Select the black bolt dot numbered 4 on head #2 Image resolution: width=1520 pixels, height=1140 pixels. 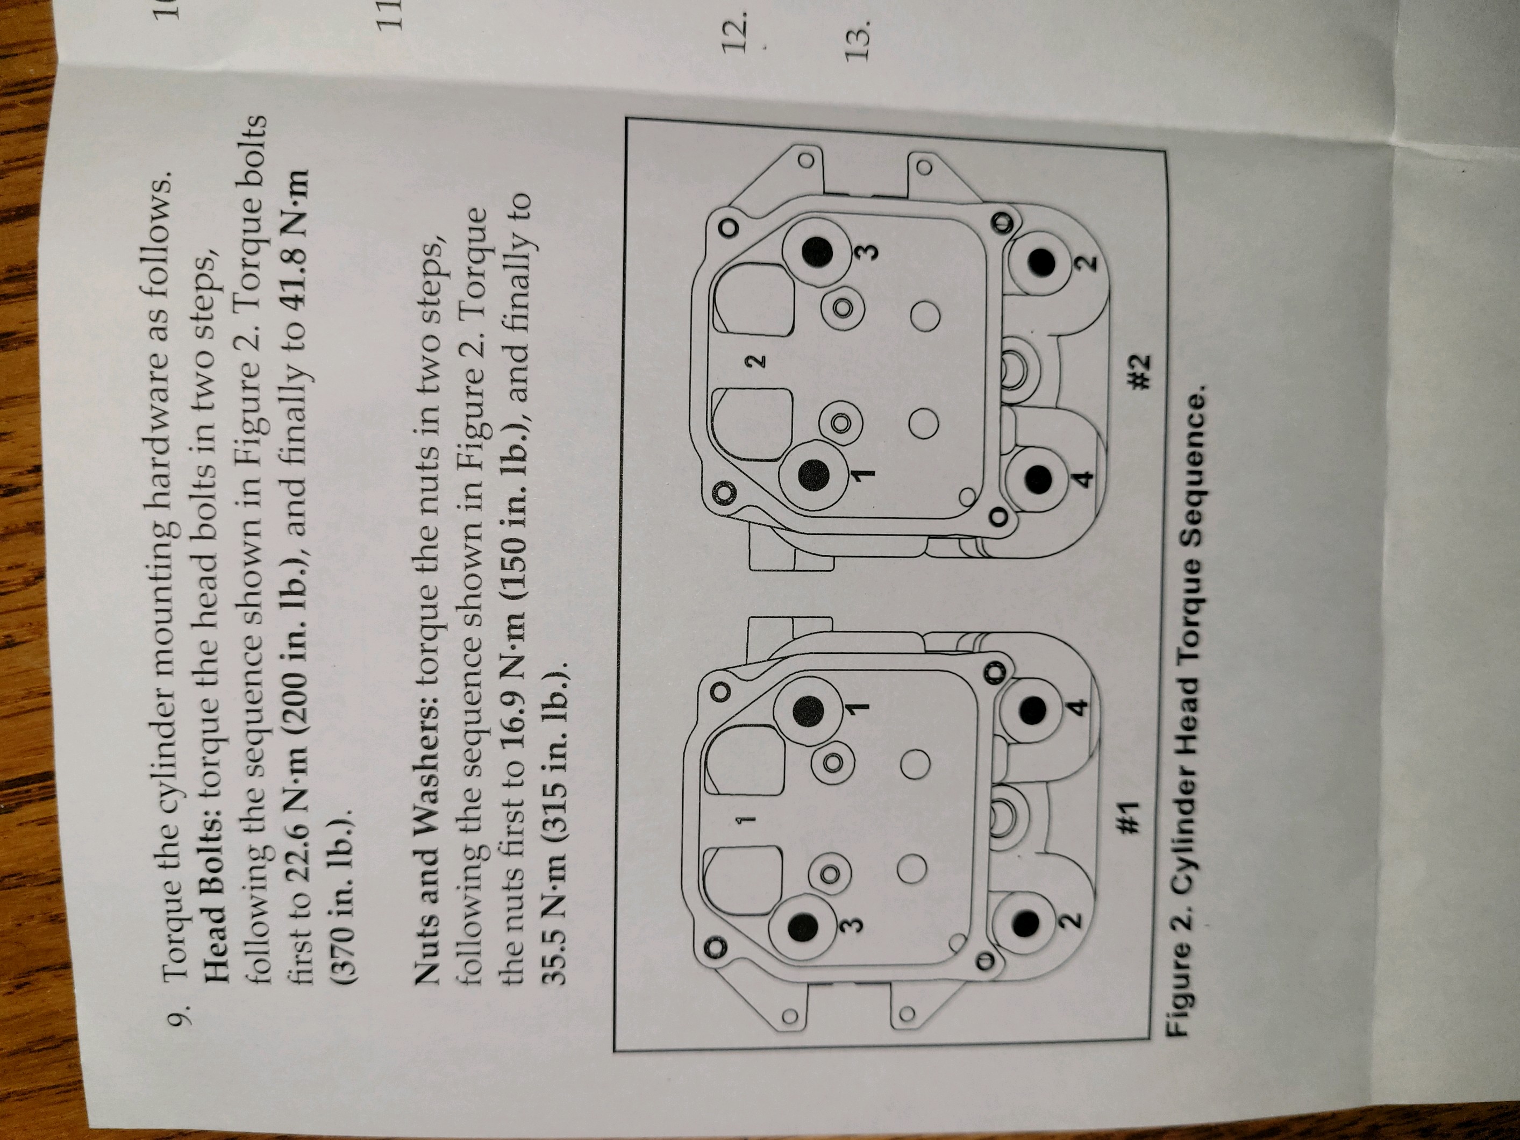(1038, 478)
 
